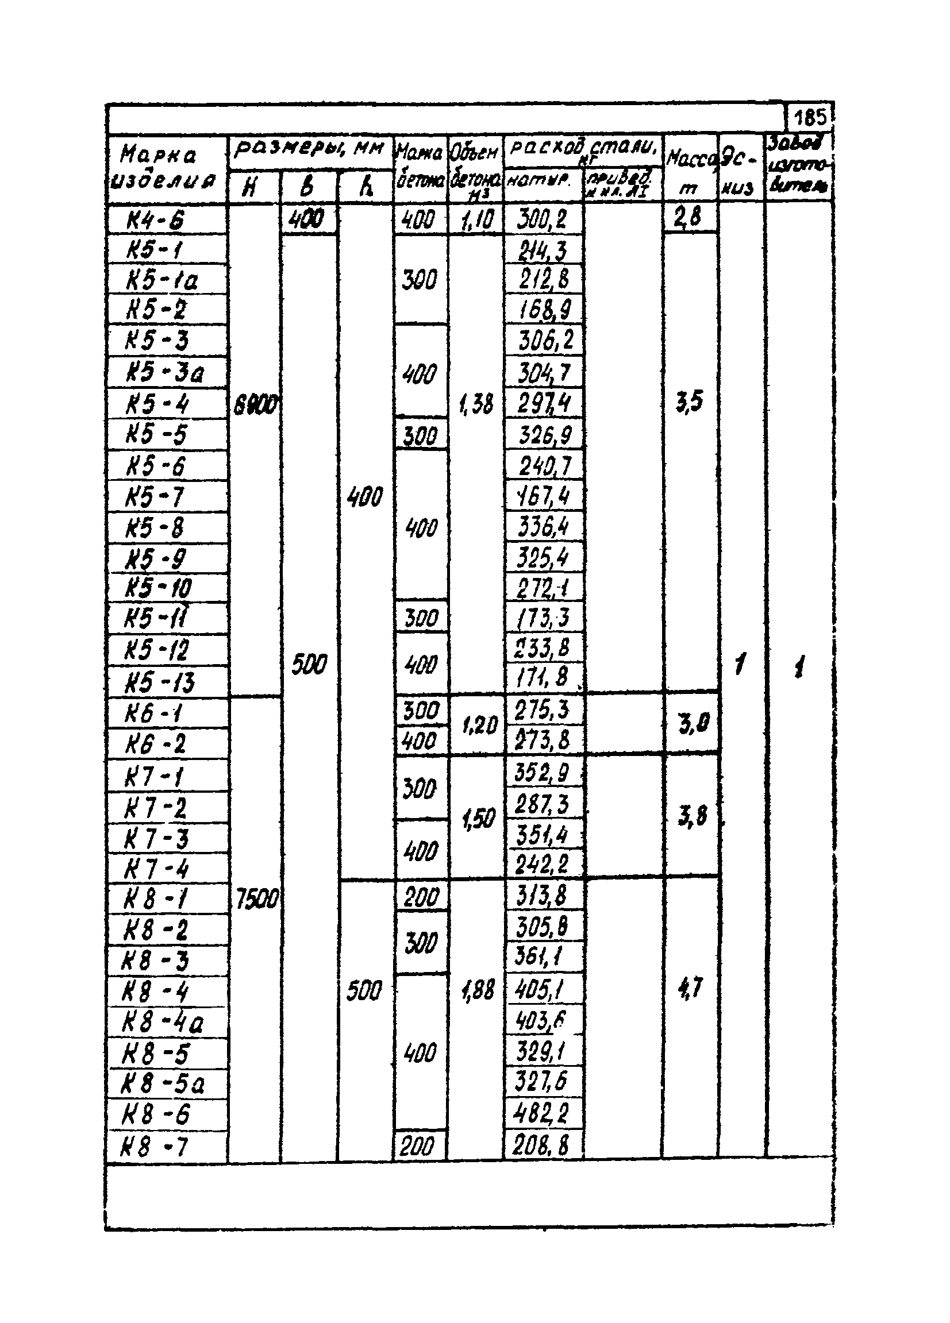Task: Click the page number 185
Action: tap(810, 118)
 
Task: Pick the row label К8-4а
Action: tap(163, 1023)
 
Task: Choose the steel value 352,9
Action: tap(541, 773)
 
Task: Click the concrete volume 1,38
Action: tap(477, 403)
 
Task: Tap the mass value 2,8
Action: tap(688, 218)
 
